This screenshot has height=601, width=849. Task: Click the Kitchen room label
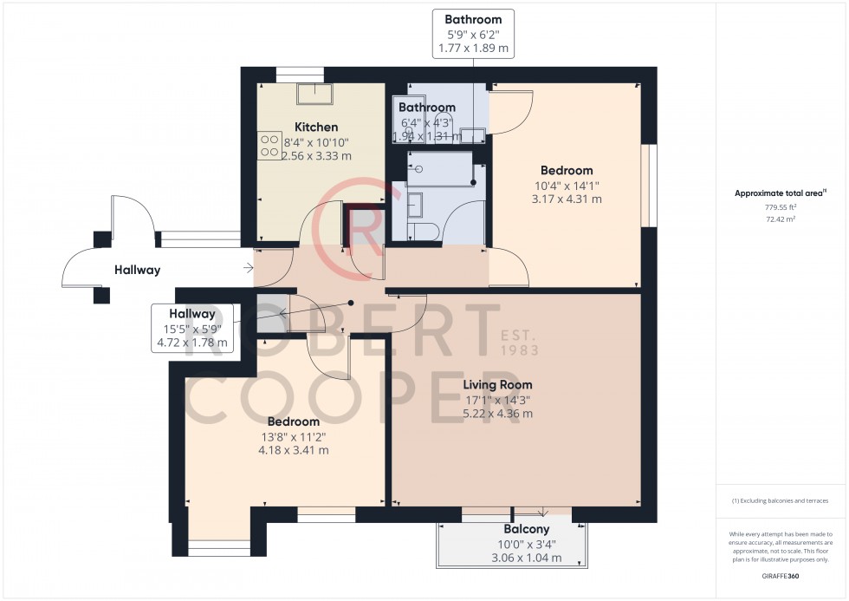coord(315,127)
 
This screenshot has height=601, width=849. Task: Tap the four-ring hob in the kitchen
coord(269,145)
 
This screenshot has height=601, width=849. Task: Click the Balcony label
coord(527,529)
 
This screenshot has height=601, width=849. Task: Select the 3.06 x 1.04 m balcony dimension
coord(527,558)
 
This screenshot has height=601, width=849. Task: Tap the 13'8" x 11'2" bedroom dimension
coord(286,436)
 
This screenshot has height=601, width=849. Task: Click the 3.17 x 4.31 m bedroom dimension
coord(567,199)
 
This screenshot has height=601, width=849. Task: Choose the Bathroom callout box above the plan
coord(473,33)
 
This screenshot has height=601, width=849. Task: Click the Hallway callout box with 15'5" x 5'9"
coord(191,328)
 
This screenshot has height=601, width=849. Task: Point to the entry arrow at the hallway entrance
coord(250,269)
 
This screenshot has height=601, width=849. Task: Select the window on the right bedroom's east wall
coord(645,186)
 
